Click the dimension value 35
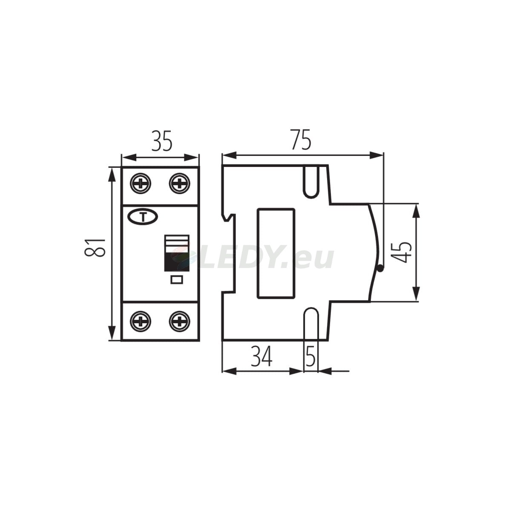pos(162,141)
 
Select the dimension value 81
pos(95,247)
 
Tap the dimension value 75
pos(301,139)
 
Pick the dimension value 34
pos(262,357)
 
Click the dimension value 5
pos(310,357)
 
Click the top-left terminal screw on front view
pos(141,183)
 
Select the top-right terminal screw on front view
pos(180,183)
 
